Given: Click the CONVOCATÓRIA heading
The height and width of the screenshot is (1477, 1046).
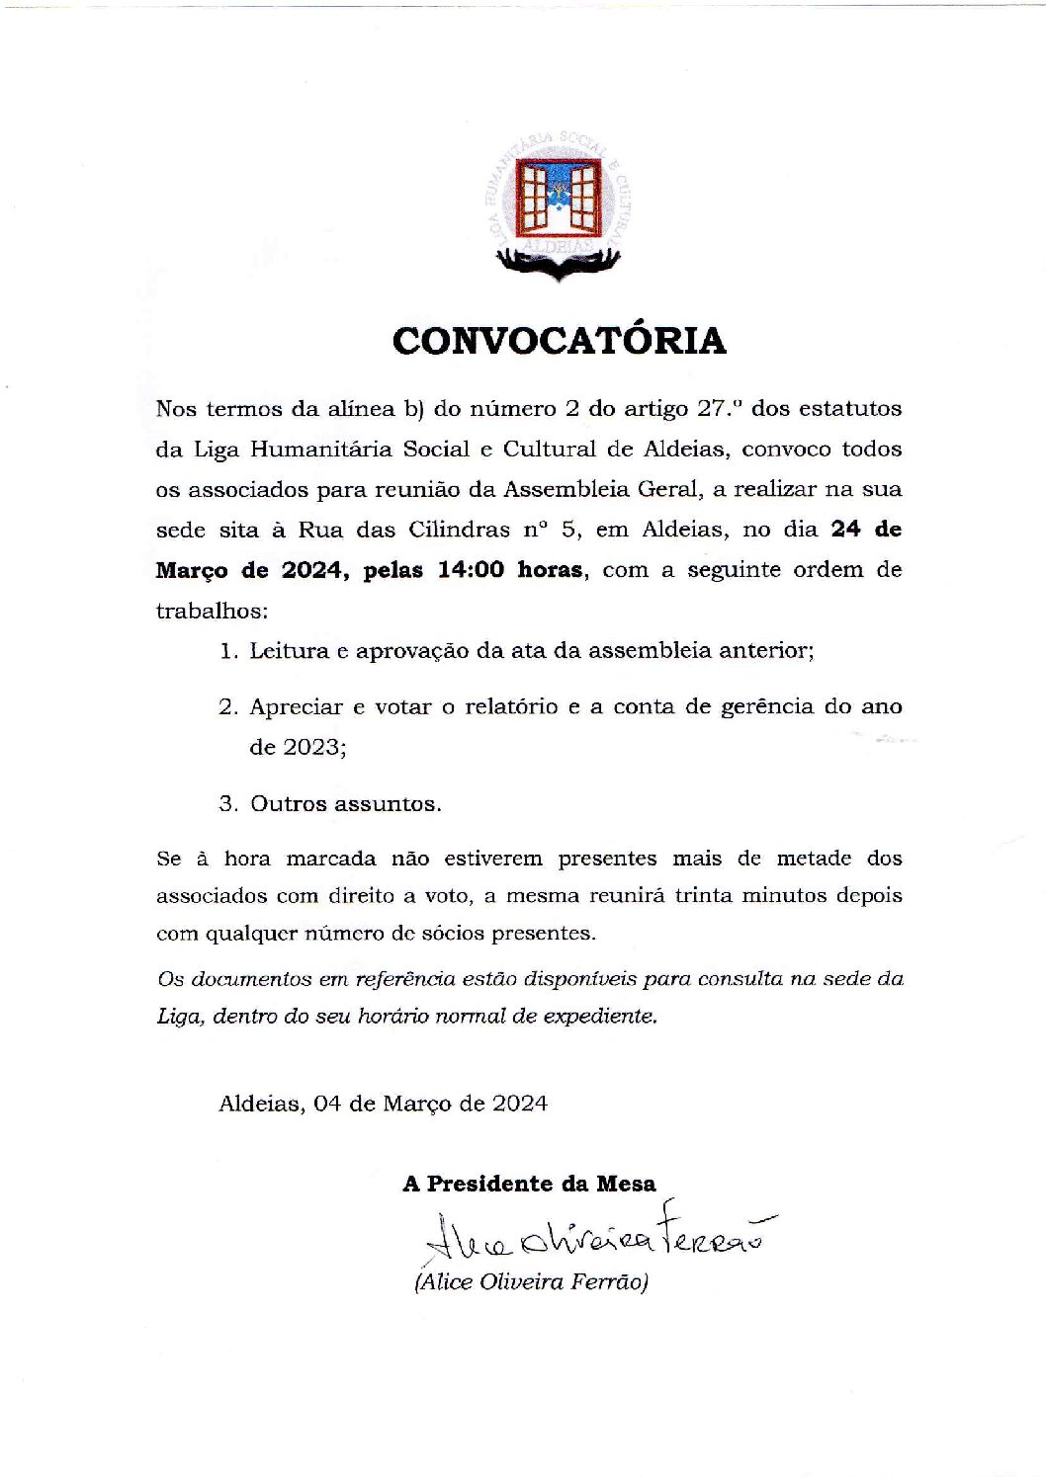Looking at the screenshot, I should [559, 341].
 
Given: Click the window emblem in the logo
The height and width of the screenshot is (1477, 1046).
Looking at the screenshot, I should [560, 197].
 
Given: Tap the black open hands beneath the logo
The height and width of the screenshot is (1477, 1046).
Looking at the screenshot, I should [559, 261].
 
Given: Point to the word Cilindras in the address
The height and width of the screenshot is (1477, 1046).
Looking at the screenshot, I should [460, 530].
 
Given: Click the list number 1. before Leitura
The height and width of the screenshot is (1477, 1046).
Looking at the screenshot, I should [229, 651].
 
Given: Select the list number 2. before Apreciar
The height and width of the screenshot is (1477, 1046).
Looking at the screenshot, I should [229, 707].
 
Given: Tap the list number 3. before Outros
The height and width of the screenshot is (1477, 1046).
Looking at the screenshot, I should [229, 804].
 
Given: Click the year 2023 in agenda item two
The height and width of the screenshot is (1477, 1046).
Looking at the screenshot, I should [311, 747].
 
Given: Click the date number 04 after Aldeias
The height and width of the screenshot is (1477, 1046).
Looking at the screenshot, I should [326, 1104].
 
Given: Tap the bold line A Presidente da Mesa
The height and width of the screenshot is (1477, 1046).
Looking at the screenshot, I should [529, 1184].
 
